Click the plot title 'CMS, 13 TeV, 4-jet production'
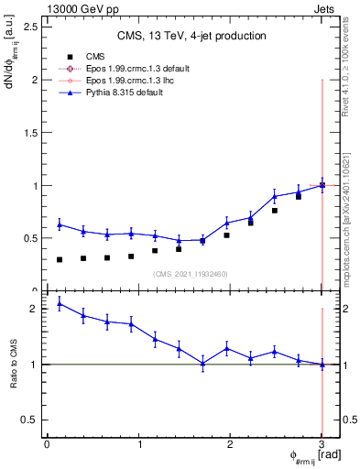[x=192, y=36]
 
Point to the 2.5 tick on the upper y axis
[x=28, y=27]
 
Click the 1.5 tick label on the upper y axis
[x=28, y=133]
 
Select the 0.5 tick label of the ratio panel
[x=28, y=420]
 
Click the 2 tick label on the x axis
[x=230, y=444]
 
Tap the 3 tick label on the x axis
[x=322, y=444]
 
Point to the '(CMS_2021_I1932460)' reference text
[x=191, y=274]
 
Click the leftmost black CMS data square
[x=60, y=259]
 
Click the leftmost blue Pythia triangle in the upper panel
[x=60, y=224]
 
